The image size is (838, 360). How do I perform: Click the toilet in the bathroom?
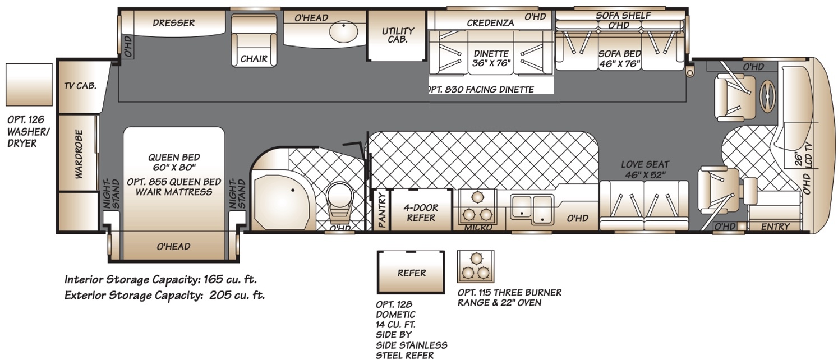tap(339, 204)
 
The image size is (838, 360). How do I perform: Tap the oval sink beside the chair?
tap(343, 31)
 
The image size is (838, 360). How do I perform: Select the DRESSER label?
tap(173, 23)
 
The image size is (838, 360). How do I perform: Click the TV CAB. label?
tap(80, 86)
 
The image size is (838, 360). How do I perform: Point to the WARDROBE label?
tap(79, 154)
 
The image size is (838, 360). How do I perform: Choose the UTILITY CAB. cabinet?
tap(397, 35)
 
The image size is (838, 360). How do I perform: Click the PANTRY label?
tap(381, 210)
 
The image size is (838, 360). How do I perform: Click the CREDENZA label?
tap(490, 23)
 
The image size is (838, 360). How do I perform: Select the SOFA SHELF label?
tap(623, 15)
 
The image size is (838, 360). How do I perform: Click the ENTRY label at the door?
tap(776, 227)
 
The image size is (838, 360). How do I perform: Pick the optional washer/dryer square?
tap(29, 85)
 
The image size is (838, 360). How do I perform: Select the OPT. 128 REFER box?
tap(411, 272)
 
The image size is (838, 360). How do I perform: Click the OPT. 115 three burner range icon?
tap(476, 266)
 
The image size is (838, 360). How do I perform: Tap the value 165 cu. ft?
tap(230, 280)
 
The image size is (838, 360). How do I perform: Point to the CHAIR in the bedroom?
tap(254, 40)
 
